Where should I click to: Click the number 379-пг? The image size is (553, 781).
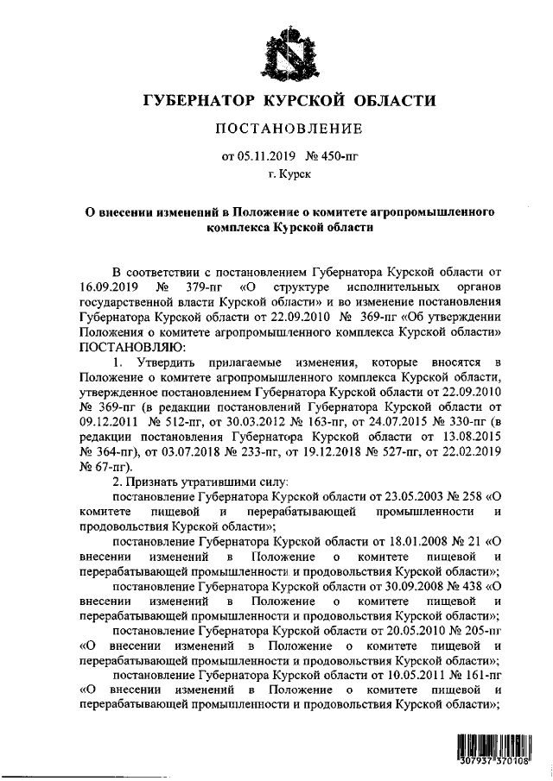[x=199, y=287]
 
